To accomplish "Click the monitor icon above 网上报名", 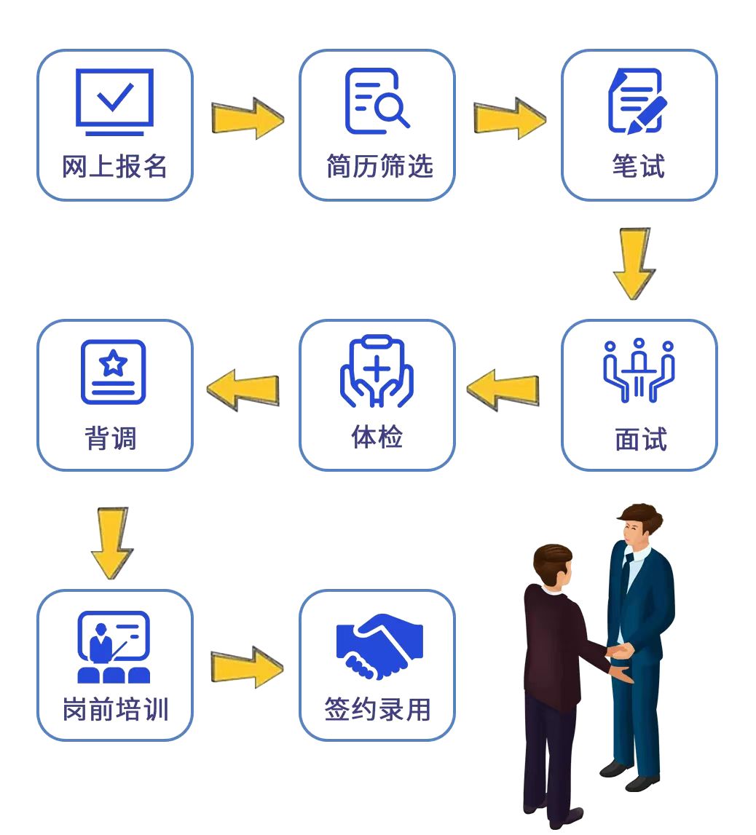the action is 114,102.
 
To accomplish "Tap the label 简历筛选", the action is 379,165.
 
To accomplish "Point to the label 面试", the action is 641,439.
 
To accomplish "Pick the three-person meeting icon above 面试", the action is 639,370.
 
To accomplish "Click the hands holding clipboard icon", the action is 377,371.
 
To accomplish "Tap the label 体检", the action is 377,437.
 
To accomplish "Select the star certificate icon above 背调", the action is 113,372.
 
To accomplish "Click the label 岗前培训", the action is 115,709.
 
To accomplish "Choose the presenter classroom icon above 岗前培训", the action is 114,647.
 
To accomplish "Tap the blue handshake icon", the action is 379,646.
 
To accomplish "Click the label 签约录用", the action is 377,709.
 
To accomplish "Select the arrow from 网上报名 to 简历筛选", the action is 248,118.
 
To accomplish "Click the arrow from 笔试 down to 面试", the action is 634,264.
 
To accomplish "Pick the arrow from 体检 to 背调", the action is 243,389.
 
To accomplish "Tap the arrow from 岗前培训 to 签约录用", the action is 247,667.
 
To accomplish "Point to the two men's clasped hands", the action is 620,652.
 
